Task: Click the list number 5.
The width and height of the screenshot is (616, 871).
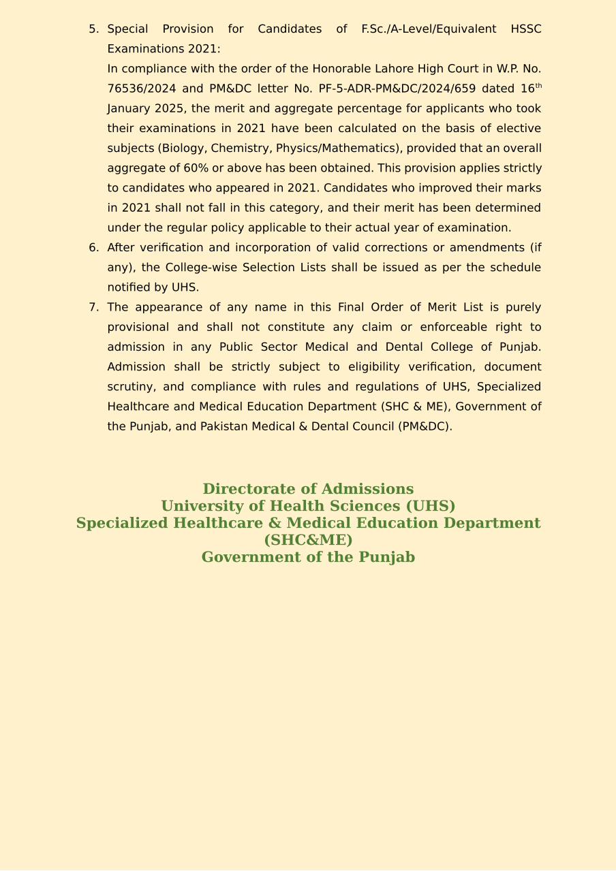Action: click(x=93, y=29)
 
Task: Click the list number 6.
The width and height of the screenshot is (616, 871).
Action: click(x=93, y=248)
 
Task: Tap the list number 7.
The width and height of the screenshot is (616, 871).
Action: click(x=93, y=307)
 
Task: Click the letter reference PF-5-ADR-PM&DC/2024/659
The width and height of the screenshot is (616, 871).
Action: click(x=397, y=89)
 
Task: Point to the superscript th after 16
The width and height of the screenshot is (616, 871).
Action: click(x=538, y=86)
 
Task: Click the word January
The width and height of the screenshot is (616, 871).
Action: click(x=129, y=108)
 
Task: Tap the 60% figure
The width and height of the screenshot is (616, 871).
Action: click(x=196, y=168)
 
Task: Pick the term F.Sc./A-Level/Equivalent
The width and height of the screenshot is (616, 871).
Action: click(x=429, y=29)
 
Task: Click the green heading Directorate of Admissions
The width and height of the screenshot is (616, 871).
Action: click(x=308, y=489)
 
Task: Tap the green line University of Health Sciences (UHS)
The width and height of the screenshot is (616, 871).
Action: click(x=308, y=506)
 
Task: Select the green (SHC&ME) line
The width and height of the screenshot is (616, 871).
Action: click(x=308, y=540)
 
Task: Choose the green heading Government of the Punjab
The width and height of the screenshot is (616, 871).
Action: click(x=308, y=557)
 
